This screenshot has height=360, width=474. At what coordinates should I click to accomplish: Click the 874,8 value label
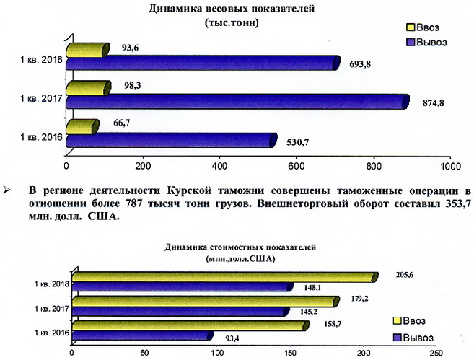[438, 102]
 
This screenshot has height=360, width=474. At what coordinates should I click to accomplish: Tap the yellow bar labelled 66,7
[81, 127]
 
